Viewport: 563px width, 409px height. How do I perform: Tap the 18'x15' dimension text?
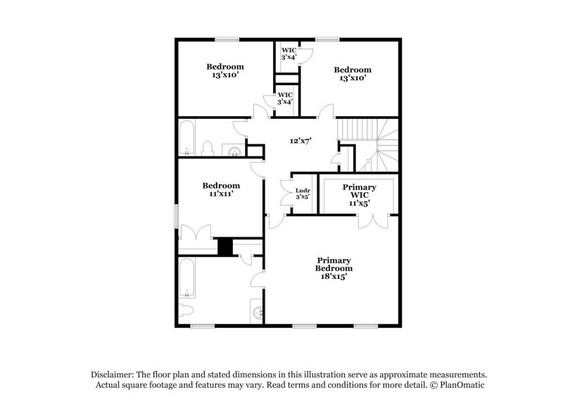(334, 277)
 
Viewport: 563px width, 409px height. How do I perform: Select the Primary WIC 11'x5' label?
(359, 194)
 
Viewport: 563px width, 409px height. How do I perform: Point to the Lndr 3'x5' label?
(303, 193)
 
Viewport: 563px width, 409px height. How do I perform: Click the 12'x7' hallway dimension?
(301, 140)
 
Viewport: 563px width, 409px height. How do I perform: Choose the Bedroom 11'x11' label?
(221, 189)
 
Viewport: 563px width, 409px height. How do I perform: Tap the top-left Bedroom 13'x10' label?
(224, 71)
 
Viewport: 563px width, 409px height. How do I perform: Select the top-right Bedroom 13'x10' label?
(352, 74)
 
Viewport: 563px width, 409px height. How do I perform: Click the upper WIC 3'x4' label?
(289, 54)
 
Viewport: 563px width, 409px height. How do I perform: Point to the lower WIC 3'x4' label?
(285, 99)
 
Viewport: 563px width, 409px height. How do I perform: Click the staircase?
(372, 144)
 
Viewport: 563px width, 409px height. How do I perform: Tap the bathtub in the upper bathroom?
(188, 138)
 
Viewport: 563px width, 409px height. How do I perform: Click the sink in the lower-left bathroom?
(258, 311)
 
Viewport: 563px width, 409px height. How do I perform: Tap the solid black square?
(225, 248)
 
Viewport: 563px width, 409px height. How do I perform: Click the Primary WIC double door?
(372, 221)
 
